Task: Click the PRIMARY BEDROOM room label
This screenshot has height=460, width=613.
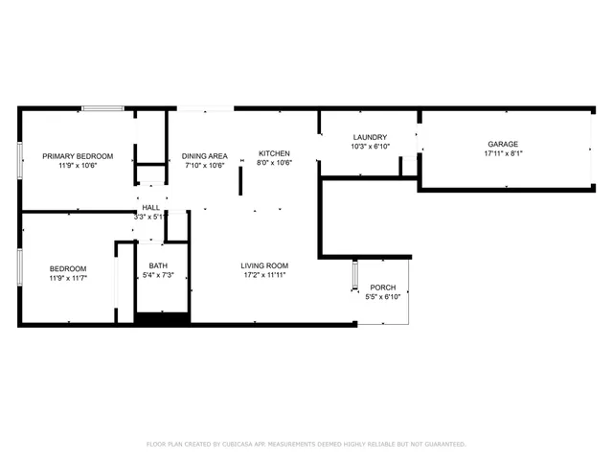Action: pyautogui.click(x=78, y=156)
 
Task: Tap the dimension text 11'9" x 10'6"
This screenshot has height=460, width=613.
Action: pyautogui.click(x=78, y=166)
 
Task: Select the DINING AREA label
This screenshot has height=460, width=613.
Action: pyautogui.click(x=205, y=156)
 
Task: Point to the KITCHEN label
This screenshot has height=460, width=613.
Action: pyautogui.click(x=274, y=153)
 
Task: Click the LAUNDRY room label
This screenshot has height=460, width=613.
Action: pyautogui.click(x=369, y=137)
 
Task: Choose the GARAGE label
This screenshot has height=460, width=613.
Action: pyautogui.click(x=503, y=144)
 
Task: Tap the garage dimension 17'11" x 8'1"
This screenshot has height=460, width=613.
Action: pyautogui.click(x=503, y=153)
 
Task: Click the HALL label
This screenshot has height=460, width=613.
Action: pyautogui.click(x=151, y=207)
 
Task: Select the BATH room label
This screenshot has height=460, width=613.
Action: pyautogui.click(x=158, y=265)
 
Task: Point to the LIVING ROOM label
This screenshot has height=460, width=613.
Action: pyautogui.click(x=264, y=265)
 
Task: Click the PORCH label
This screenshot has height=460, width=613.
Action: pyautogui.click(x=383, y=287)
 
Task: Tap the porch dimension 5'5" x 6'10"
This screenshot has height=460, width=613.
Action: pyautogui.click(x=383, y=297)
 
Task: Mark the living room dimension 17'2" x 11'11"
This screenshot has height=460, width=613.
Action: pyautogui.click(x=264, y=275)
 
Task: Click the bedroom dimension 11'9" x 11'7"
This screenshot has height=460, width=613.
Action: pyautogui.click(x=68, y=278)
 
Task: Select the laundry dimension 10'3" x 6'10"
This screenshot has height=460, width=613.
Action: pyautogui.click(x=369, y=147)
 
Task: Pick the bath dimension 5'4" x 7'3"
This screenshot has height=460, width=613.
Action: pyautogui.click(x=158, y=275)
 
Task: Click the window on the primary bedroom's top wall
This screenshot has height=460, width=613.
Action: pyautogui.click(x=102, y=108)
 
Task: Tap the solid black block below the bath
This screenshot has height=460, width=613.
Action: pyautogui.click(x=162, y=319)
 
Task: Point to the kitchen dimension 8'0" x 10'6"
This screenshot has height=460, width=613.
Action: pyautogui.click(x=274, y=163)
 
